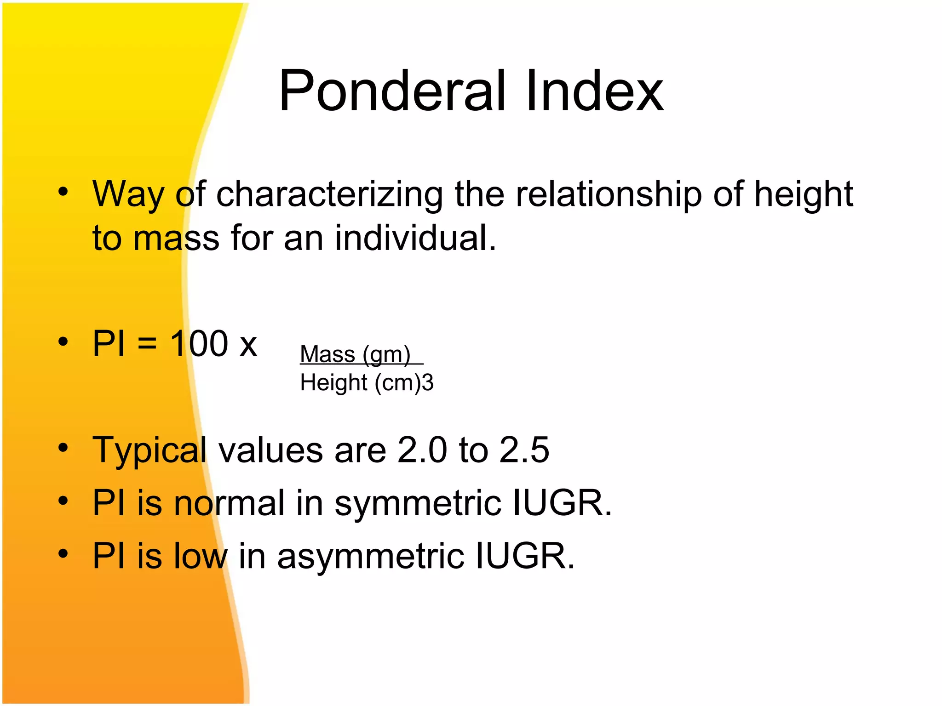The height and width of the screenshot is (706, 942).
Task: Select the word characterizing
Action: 329,194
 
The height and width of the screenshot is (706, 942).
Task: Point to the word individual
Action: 415,238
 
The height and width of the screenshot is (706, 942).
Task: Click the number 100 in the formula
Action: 199,343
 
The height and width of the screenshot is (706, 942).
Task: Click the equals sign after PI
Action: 147,344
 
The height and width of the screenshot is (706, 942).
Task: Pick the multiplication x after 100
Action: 248,346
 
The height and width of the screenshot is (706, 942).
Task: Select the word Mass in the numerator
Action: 327,354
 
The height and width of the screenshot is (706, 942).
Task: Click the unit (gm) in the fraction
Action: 386,355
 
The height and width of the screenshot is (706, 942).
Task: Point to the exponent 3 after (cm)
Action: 428,383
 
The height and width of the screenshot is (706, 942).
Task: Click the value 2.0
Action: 422,450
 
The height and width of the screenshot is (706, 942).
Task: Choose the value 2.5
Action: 524,450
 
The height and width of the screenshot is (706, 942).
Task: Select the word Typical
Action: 149,451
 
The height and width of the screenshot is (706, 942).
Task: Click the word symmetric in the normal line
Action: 418,504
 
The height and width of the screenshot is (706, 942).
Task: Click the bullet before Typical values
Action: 63,447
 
